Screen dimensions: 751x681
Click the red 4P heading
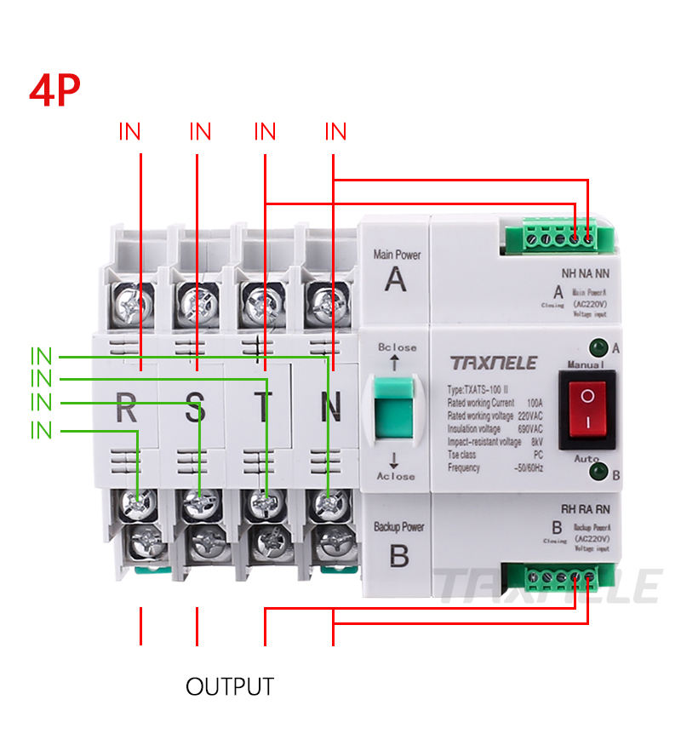[x=56, y=90]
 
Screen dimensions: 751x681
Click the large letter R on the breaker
[x=126, y=410]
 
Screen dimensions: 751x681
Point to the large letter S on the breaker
[x=195, y=410]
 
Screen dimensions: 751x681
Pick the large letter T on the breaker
[x=263, y=410]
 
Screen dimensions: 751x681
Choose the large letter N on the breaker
[x=331, y=410]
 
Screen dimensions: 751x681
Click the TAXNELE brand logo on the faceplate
[x=494, y=364]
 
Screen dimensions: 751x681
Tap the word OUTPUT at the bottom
[x=230, y=687]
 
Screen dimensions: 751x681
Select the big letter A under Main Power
[x=395, y=278]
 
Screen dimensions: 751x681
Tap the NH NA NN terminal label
[x=587, y=274]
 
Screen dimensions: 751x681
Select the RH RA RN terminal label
[x=587, y=510]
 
